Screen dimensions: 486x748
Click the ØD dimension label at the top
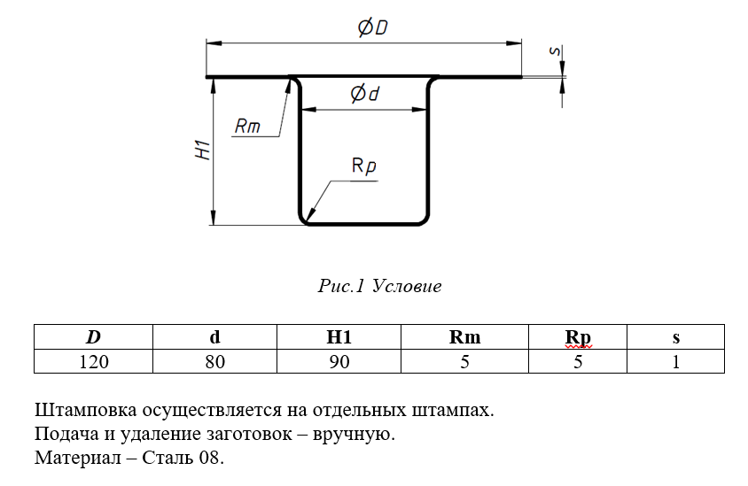coord(372,28)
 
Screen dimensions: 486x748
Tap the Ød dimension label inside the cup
coord(364,93)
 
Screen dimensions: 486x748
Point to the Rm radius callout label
coord(247,127)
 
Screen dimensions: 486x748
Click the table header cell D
coord(93,337)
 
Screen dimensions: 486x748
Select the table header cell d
coord(214,337)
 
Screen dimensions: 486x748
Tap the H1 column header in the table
coord(339,337)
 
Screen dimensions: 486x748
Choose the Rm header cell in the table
coord(464,337)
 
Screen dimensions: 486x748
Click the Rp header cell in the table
coord(578,337)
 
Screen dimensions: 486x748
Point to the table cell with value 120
coord(93,361)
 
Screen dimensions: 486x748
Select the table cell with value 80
coord(214,361)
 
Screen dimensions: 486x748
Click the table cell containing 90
coord(339,361)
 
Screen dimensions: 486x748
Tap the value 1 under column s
coord(675,361)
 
